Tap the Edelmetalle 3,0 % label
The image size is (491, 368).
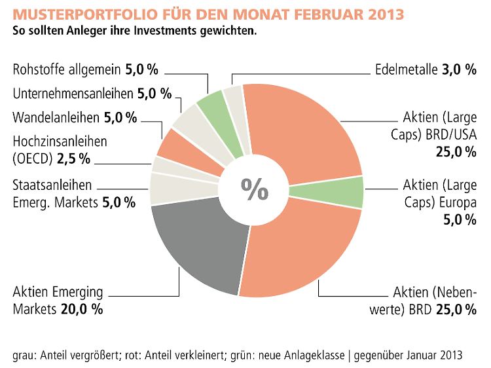[x=425, y=70]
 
